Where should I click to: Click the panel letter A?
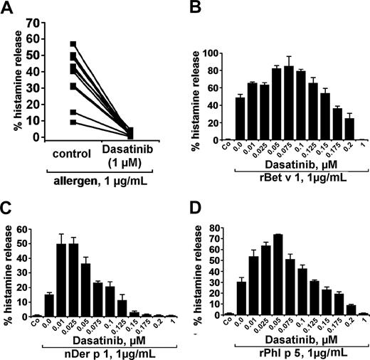coord(8,8)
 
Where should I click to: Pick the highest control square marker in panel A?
coord(73,44)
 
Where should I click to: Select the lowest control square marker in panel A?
coord(73,122)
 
